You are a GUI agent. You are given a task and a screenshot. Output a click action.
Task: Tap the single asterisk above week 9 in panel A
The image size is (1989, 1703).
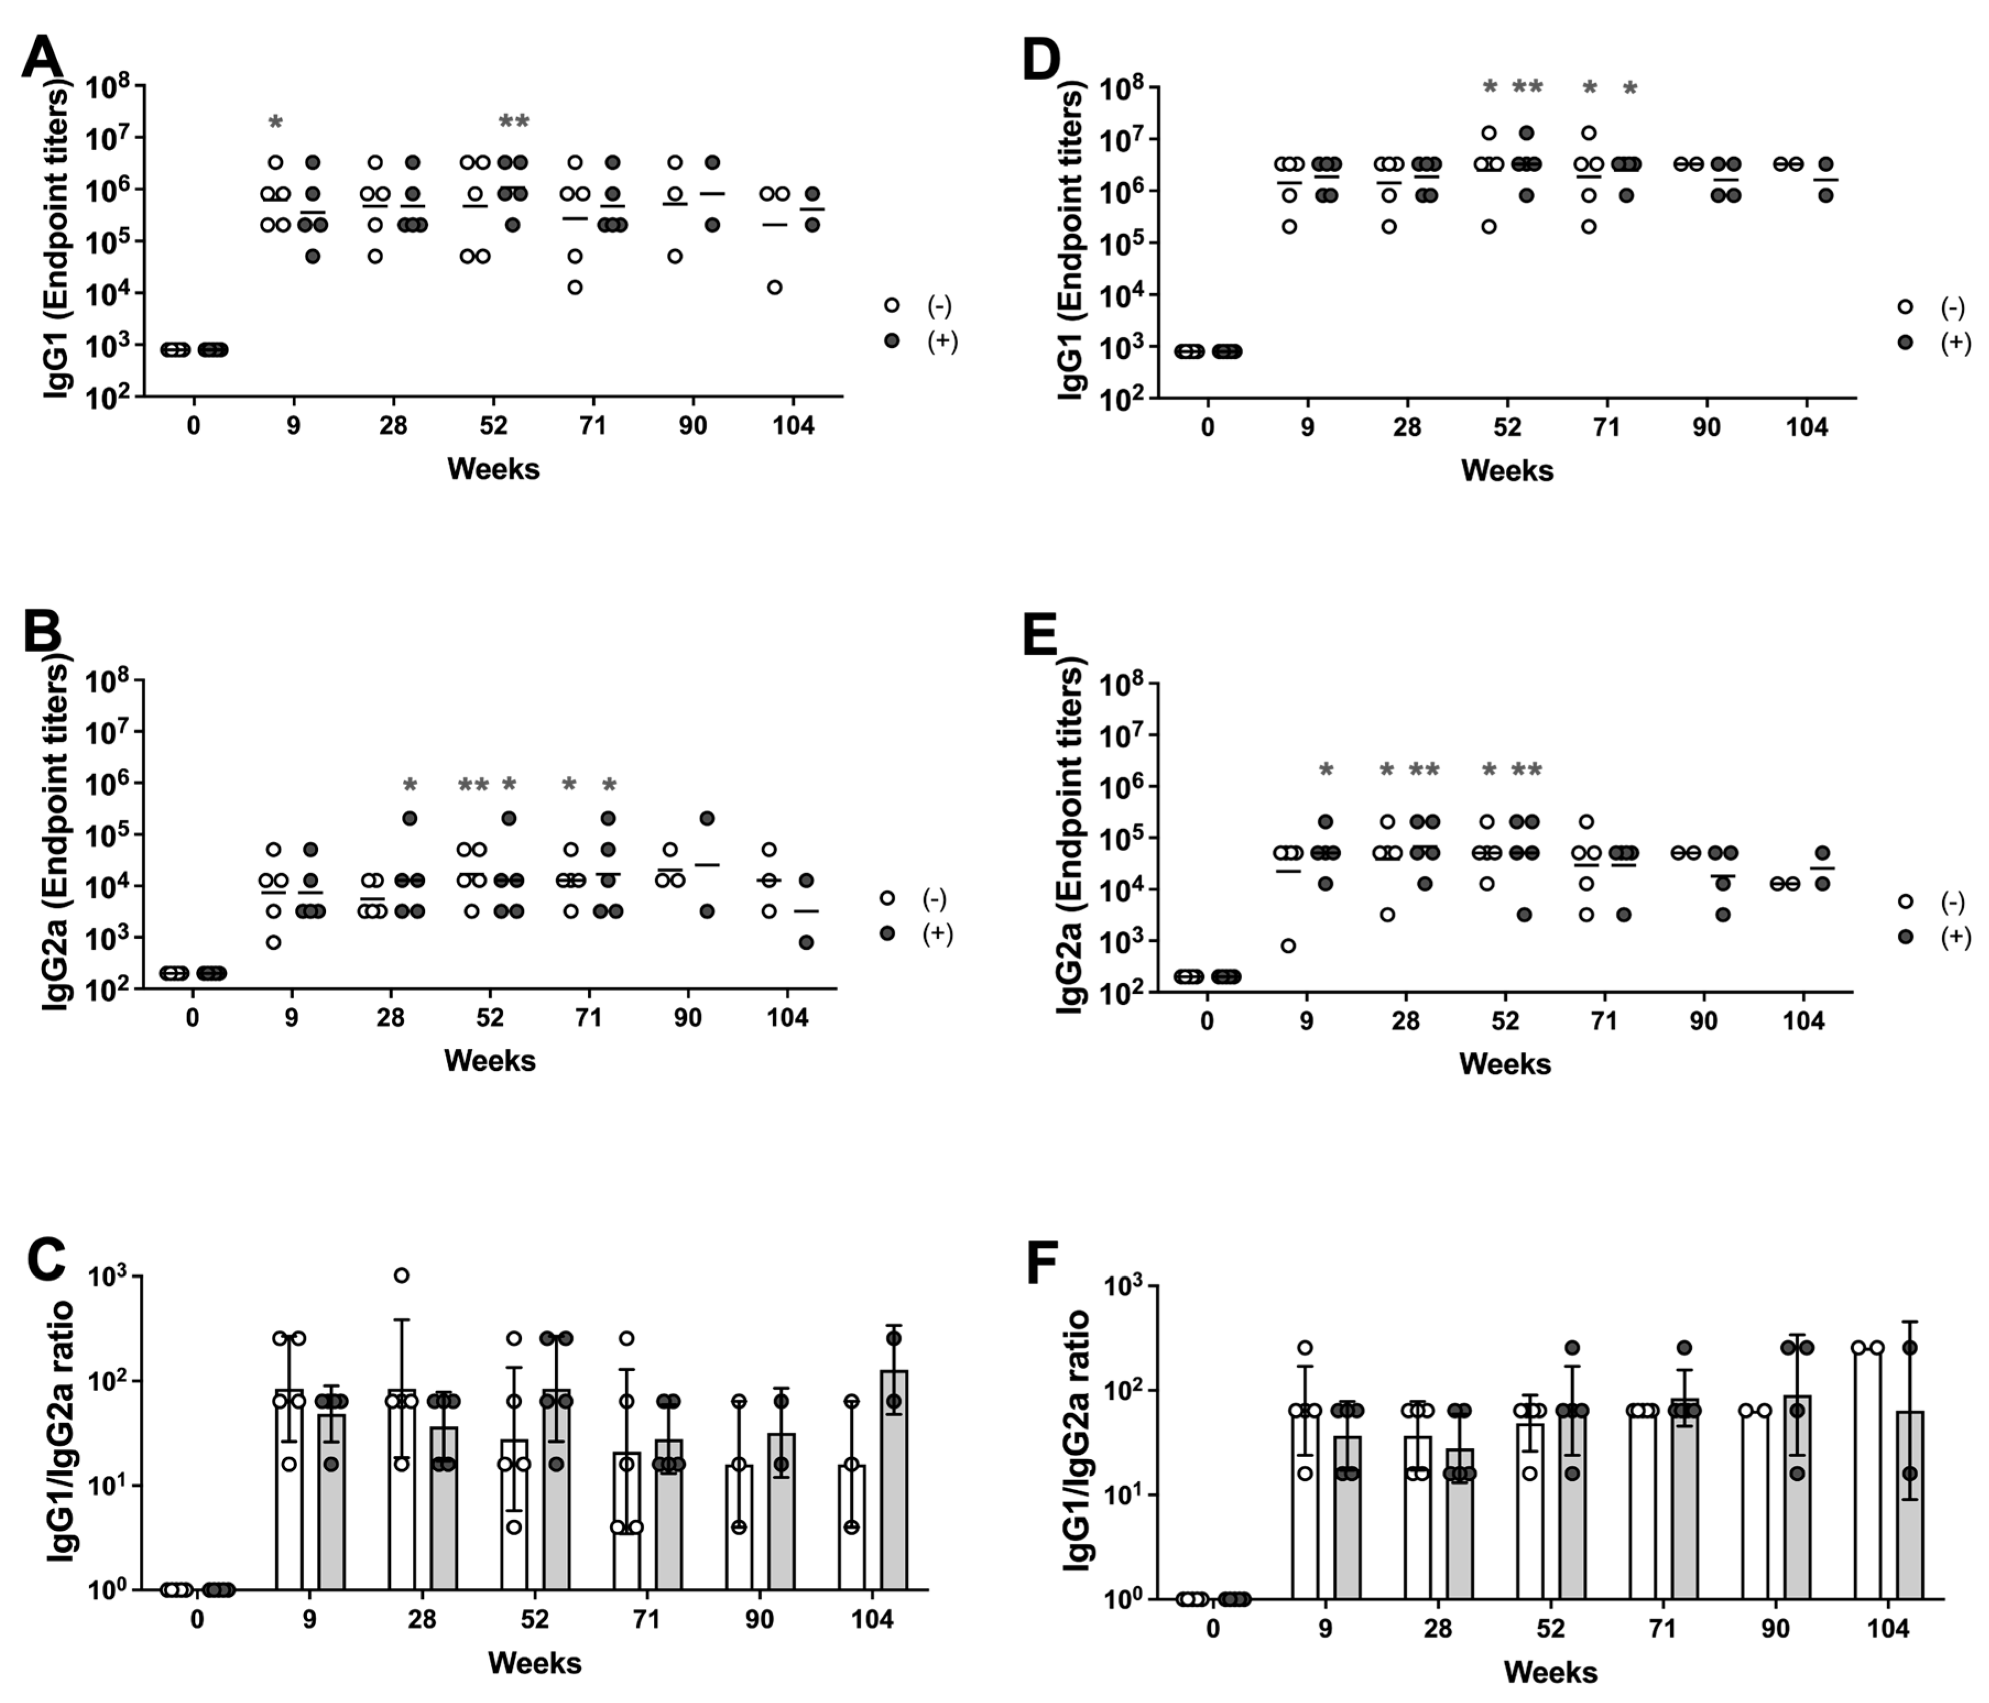click(x=276, y=122)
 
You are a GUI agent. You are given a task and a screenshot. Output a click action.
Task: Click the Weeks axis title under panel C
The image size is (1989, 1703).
click(x=534, y=1662)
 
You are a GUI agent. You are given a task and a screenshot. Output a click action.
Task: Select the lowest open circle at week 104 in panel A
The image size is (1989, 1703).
click(x=775, y=287)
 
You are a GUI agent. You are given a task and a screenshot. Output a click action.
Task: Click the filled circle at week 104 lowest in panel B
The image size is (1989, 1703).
click(x=806, y=943)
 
